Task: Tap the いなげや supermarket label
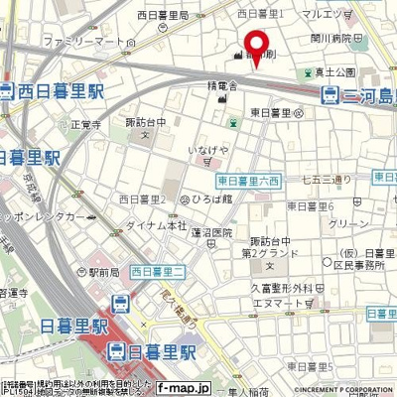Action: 207,150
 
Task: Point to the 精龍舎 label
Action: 222,87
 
